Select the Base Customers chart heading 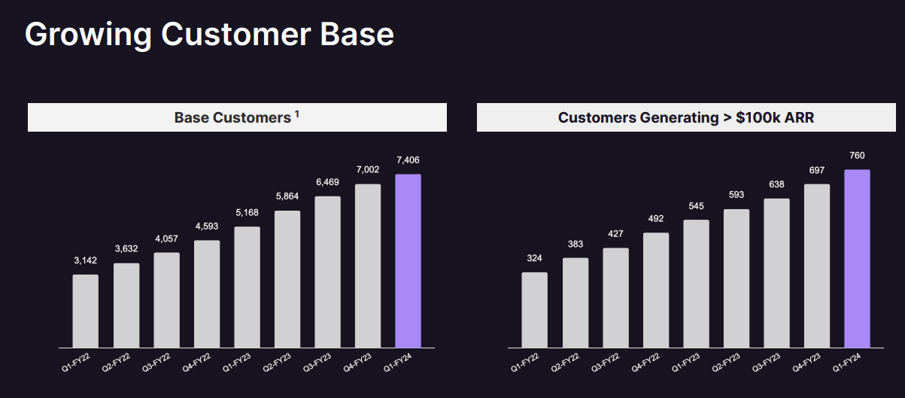tap(232, 117)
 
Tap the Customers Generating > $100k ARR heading tap(685, 117)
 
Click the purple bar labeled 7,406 tap(408, 261)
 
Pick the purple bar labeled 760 tap(857, 259)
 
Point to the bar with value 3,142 tap(86, 311)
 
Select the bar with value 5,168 tap(247, 287)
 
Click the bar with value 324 tap(534, 310)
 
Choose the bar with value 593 tap(736, 278)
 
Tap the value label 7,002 tap(368, 170)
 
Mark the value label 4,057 tap(166, 238)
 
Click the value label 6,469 tap(327, 183)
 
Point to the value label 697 tap(816, 170)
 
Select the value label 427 tap(615, 234)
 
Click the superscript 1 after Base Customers tap(296, 114)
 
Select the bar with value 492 tap(656, 290)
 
